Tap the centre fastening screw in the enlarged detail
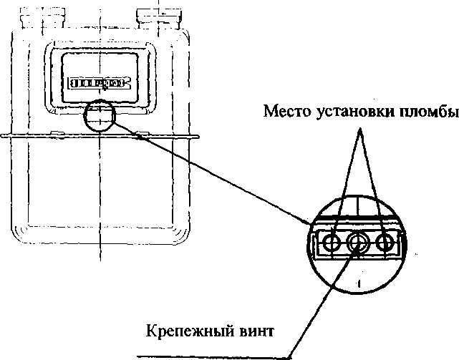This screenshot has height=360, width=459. (x=357, y=243)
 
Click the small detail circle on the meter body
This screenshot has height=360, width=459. (x=100, y=115)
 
